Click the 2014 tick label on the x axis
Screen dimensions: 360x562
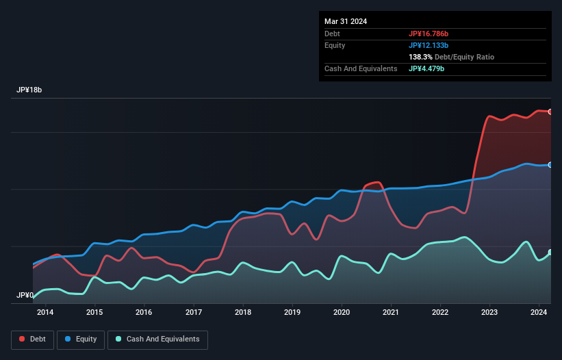click(x=45, y=312)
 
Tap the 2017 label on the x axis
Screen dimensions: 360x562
click(x=194, y=312)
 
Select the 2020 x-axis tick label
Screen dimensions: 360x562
click(x=342, y=312)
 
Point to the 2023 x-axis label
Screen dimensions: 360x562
click(x=489, y=312)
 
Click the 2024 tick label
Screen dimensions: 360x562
click(x=539, y=312)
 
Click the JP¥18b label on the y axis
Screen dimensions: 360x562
click(x=30, y=90)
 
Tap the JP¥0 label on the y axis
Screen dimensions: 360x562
click(x=26, y=296)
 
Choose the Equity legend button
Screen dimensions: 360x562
click(x=81, y=339)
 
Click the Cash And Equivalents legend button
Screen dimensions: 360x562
click(x=157, y=339)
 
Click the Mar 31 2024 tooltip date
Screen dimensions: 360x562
click(x=346, y=21)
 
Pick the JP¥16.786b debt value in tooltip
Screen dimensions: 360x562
click(x=429, y=34)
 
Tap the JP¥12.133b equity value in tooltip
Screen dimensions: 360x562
click(x=429, y=45)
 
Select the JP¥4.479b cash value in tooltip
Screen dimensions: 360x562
click(x=426, y=68)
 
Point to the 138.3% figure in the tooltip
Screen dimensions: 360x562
click(x=420, y=57)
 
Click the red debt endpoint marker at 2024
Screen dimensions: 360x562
click(x=550, y=112)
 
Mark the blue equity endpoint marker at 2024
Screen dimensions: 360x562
click(x=550, y=165)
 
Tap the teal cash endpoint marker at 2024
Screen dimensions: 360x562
click(x=550, y=253)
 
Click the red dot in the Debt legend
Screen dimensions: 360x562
click(x=23, y=339)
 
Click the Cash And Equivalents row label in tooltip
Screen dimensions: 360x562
click(x=361, y=68)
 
